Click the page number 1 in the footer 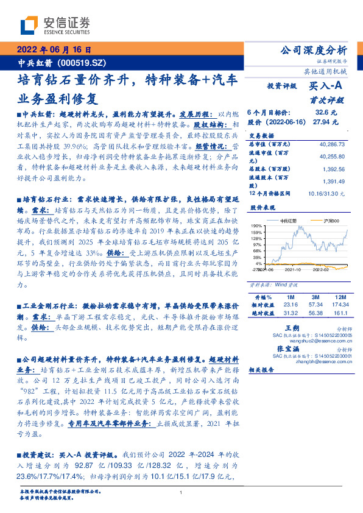(181, 492)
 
